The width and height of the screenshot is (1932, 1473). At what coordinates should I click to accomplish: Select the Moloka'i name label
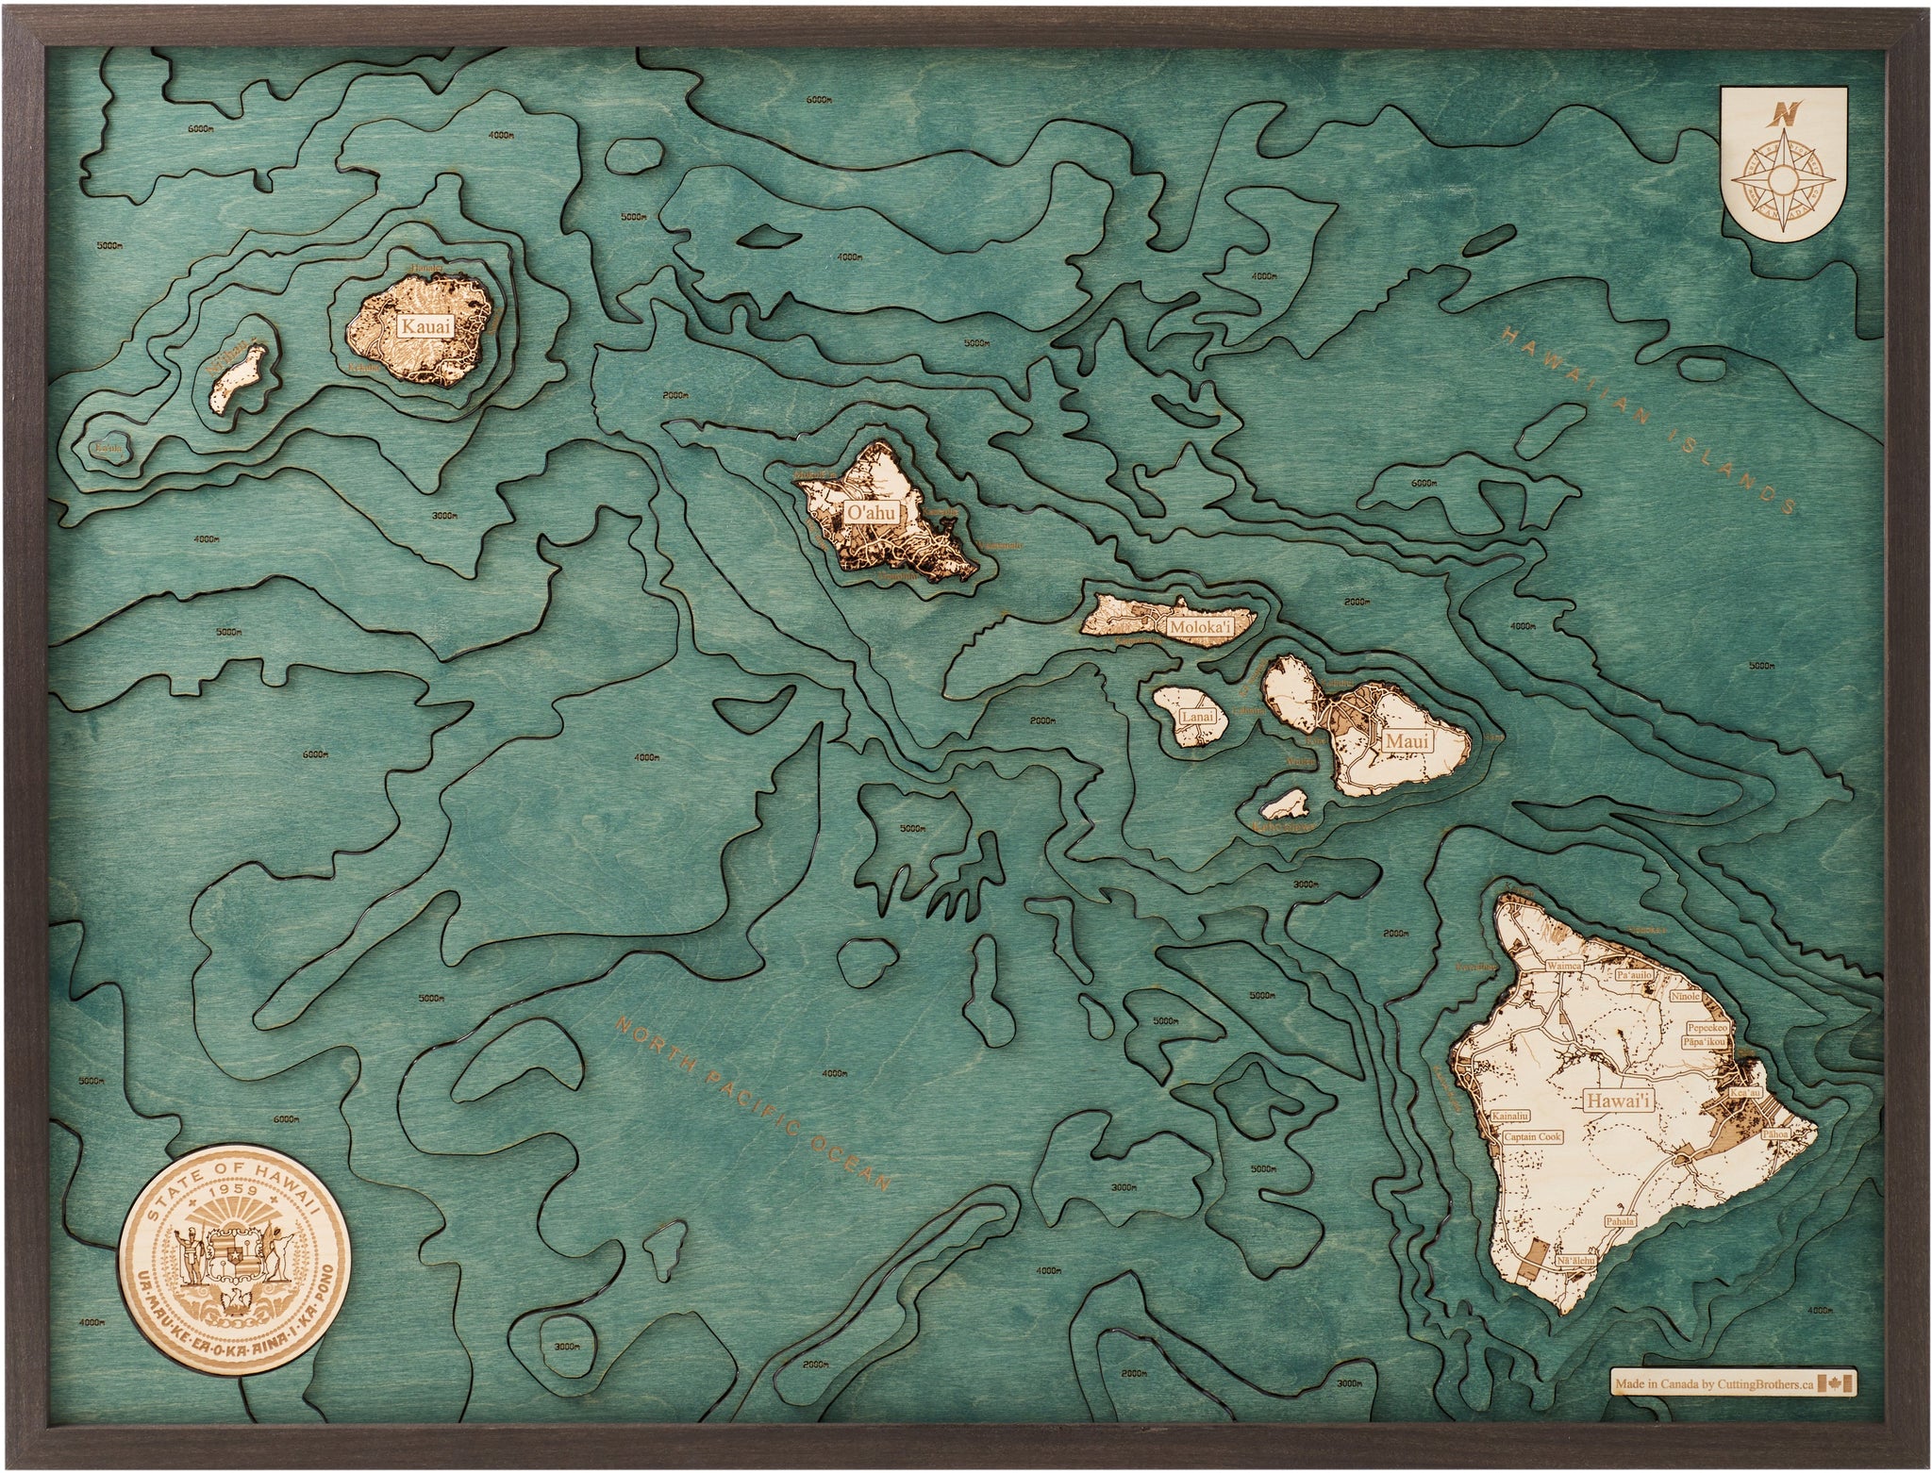[1196, 625]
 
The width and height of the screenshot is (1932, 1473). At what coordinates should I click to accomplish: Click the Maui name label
[1401, 741]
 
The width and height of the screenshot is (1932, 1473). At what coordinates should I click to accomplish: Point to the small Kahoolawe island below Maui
[1284, 804]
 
